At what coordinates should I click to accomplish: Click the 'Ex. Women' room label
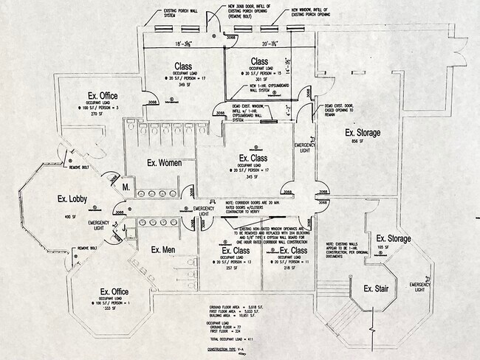click(x=164, y=162)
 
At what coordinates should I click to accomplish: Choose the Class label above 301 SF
click(x=258, y=61)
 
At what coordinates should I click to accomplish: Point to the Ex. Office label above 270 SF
click(x=103, y=96)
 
